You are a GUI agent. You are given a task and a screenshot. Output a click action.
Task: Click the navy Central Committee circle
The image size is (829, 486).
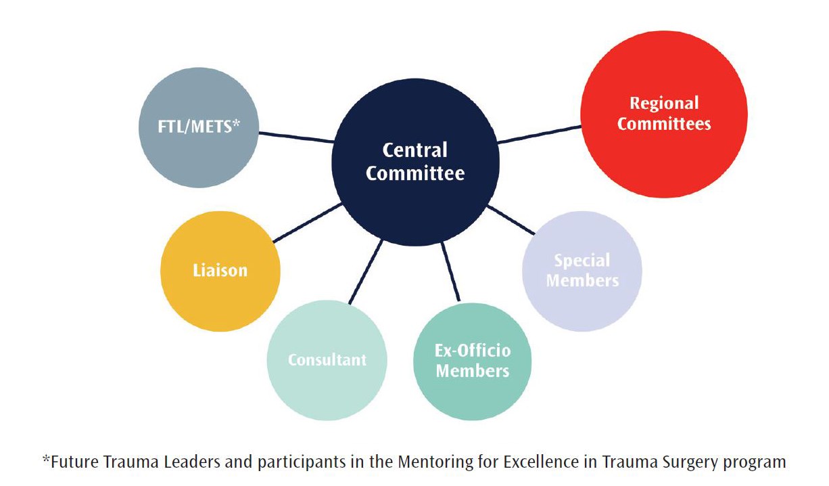coord(415,162)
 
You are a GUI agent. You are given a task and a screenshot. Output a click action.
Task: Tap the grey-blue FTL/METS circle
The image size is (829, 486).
coord(198,127)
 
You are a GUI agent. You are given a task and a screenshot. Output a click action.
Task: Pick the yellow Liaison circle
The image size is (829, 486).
coord(220,271)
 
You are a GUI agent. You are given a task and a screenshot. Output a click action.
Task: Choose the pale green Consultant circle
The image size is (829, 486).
coord(327,359)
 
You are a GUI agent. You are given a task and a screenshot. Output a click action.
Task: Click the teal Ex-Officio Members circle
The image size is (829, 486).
coord(472,361)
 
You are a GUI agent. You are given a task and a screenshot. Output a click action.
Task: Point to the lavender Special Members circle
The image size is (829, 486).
coord(582,271)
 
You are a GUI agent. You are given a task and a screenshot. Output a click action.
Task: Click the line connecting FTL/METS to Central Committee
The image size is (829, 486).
coord(296,137)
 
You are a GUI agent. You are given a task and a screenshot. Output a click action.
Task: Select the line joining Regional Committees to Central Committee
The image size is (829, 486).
coord(539,133)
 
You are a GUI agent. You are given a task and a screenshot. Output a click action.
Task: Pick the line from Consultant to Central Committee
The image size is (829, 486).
coord(366,271)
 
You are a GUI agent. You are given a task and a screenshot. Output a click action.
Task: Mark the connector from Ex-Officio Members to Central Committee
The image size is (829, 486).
coord(450,271)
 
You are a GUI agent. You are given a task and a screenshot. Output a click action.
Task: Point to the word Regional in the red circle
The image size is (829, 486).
coord(664,104)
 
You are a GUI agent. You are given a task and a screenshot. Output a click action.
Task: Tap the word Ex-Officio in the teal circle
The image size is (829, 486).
coord(473,351)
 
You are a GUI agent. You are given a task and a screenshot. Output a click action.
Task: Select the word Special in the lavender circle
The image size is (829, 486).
coord(582,261)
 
